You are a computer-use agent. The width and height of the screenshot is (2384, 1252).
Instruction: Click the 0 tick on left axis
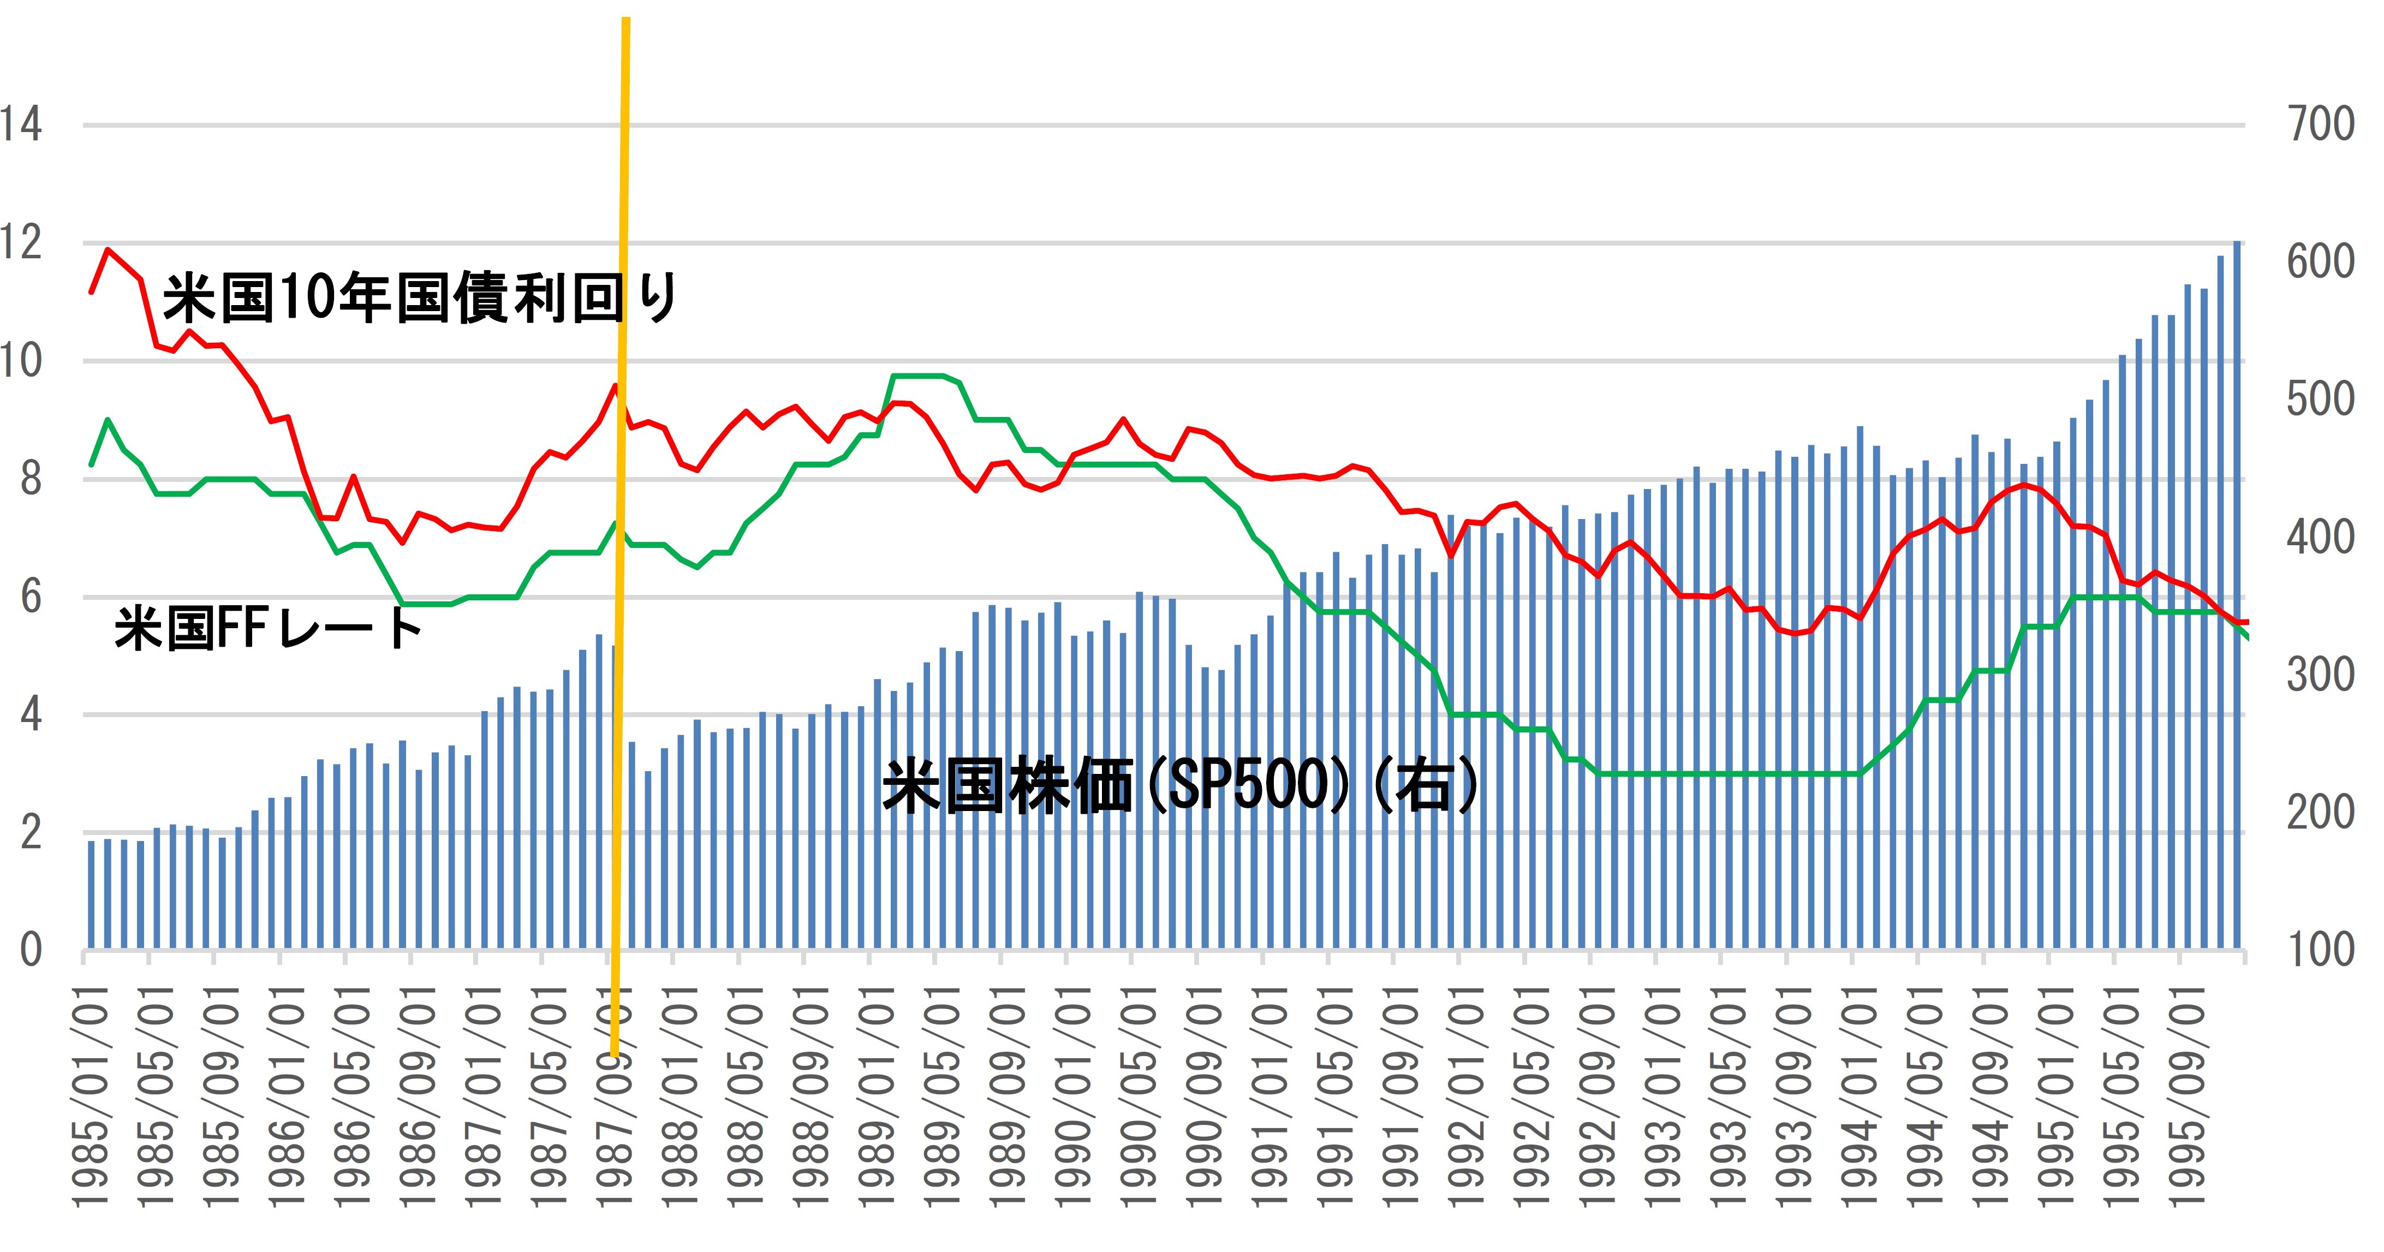click(x=31, y=950)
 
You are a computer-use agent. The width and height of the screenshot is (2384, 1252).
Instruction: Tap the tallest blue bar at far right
click(x=2237, y=592)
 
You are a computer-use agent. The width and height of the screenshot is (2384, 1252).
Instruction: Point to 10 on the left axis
click(x=20, y=361)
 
